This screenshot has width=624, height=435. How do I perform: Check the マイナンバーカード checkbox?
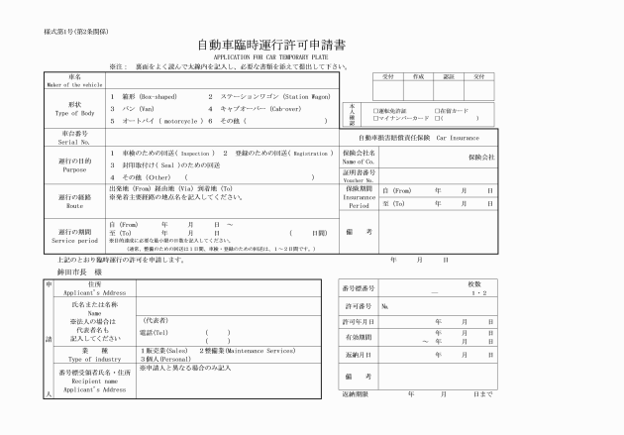pyautogui.click(x=374, y=117)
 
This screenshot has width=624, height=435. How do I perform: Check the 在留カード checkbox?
pyautogui.click(x=437, y=110)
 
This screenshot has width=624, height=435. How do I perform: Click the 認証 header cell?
pyautogui.click(x=449, y=75)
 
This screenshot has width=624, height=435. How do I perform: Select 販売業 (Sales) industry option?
pyautogui.click(x=163, y=350)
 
